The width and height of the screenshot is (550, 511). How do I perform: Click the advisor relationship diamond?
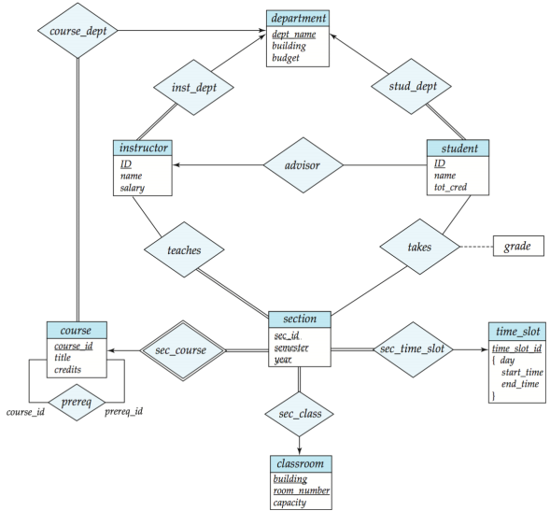pyautogui.click(x=303, y=165)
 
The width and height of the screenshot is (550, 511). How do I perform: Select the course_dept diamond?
pyautogui.click(x=78, y=31)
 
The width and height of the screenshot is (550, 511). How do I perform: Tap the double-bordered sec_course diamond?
pyautogui.click(x=183, y=350)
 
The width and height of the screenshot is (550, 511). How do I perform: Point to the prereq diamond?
pyautogui.click(x=77, y=403)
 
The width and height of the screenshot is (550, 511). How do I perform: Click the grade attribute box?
pyautogui.click(x=518, y=246)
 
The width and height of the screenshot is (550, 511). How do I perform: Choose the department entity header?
pyautogui.click(x=298, y=18)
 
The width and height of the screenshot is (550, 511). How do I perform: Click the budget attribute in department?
pyautogui.click(x=286, y=58)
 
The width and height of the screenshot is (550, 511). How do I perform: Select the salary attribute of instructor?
pyautogui.click(x=133, y=188)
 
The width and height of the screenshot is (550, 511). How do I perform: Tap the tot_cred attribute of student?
pyautogui.click(x=450, y=187)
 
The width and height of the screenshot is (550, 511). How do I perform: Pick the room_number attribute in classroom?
pyautogui.click(x=302, y=490)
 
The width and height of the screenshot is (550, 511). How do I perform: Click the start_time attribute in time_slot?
pyautogui.click(x=522, y=372)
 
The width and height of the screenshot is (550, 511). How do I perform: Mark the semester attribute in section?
pyautogui.click(x=291, y=348)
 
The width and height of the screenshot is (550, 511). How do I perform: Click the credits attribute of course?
pyautogui.click(x=67, y=370)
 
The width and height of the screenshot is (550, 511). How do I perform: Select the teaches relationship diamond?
pyautogui.click(x=184, y=249)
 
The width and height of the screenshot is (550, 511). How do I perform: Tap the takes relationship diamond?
pyautogui.click(x=419, y=247)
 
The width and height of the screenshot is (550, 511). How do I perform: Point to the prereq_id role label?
pyautogui.click(x=124, y=411)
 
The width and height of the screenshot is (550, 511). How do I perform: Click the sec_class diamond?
pyautogui.click(x=299, y=414)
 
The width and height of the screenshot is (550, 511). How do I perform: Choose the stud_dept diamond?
pyautogui.click(x=412, y=86)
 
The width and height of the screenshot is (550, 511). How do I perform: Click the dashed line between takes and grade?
pyautogui.click(x=476, y=247)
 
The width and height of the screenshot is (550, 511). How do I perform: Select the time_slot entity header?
pyautogui.click(x=517, y=332)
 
